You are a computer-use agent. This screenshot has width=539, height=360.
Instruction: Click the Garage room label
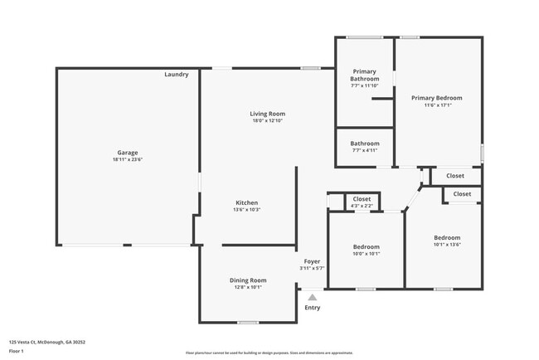(x=127, y=153)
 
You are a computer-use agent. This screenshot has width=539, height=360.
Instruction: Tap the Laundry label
(x=176, y=75)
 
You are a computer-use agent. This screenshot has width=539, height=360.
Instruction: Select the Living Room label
(x=267, y=114)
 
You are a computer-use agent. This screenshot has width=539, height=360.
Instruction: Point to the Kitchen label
(x=247, y=202)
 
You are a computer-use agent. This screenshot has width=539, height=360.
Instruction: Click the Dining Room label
(x=247, y=280)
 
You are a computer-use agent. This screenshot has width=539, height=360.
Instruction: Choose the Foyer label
(x=312, y=261)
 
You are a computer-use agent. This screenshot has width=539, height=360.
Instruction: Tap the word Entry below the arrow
(x=312, y=308)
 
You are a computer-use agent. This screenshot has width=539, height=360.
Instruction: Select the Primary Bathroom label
(x=364, y=75)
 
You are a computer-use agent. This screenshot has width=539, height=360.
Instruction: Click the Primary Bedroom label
(x=437, y=98)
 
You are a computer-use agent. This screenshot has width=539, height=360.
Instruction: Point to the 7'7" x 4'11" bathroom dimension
(x=364, y=150)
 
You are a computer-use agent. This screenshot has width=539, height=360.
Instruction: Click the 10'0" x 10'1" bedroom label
(x=367, y=254)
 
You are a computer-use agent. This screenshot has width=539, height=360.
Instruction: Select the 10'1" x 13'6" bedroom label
(x=447, y=244)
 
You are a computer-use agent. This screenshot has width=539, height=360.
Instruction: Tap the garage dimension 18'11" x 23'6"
(x=127, y=159)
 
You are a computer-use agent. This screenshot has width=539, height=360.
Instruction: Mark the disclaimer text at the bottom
(x=269, y=353)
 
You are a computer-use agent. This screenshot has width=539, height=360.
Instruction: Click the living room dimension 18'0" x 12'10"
(x=267, y=121)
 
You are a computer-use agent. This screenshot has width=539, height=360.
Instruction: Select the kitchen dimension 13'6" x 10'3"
(x=247, y=210)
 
